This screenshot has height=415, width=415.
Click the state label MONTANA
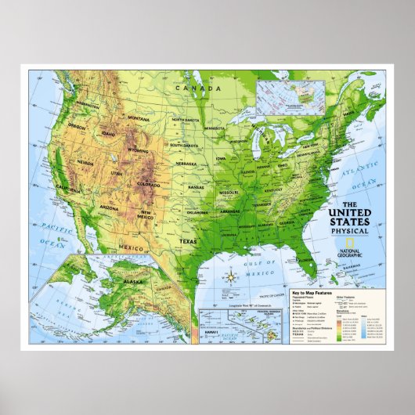coord(138,119)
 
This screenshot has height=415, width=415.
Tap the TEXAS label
coord(188,220)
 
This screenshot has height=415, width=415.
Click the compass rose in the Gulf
coord(233,276)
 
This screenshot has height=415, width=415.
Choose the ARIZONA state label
coord(110,207)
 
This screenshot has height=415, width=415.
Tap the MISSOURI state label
coord(229,191)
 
